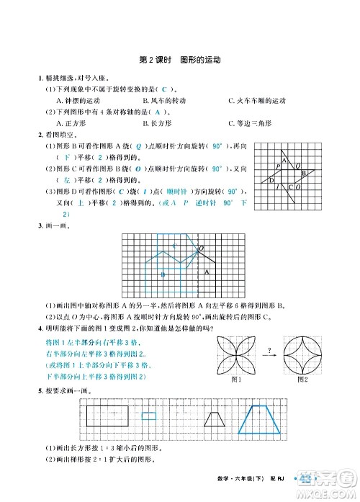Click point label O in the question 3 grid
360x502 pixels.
[x=202, y=248]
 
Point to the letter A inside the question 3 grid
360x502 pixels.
[x=207, y=272]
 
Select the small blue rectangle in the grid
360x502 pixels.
[x=148, y=415]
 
